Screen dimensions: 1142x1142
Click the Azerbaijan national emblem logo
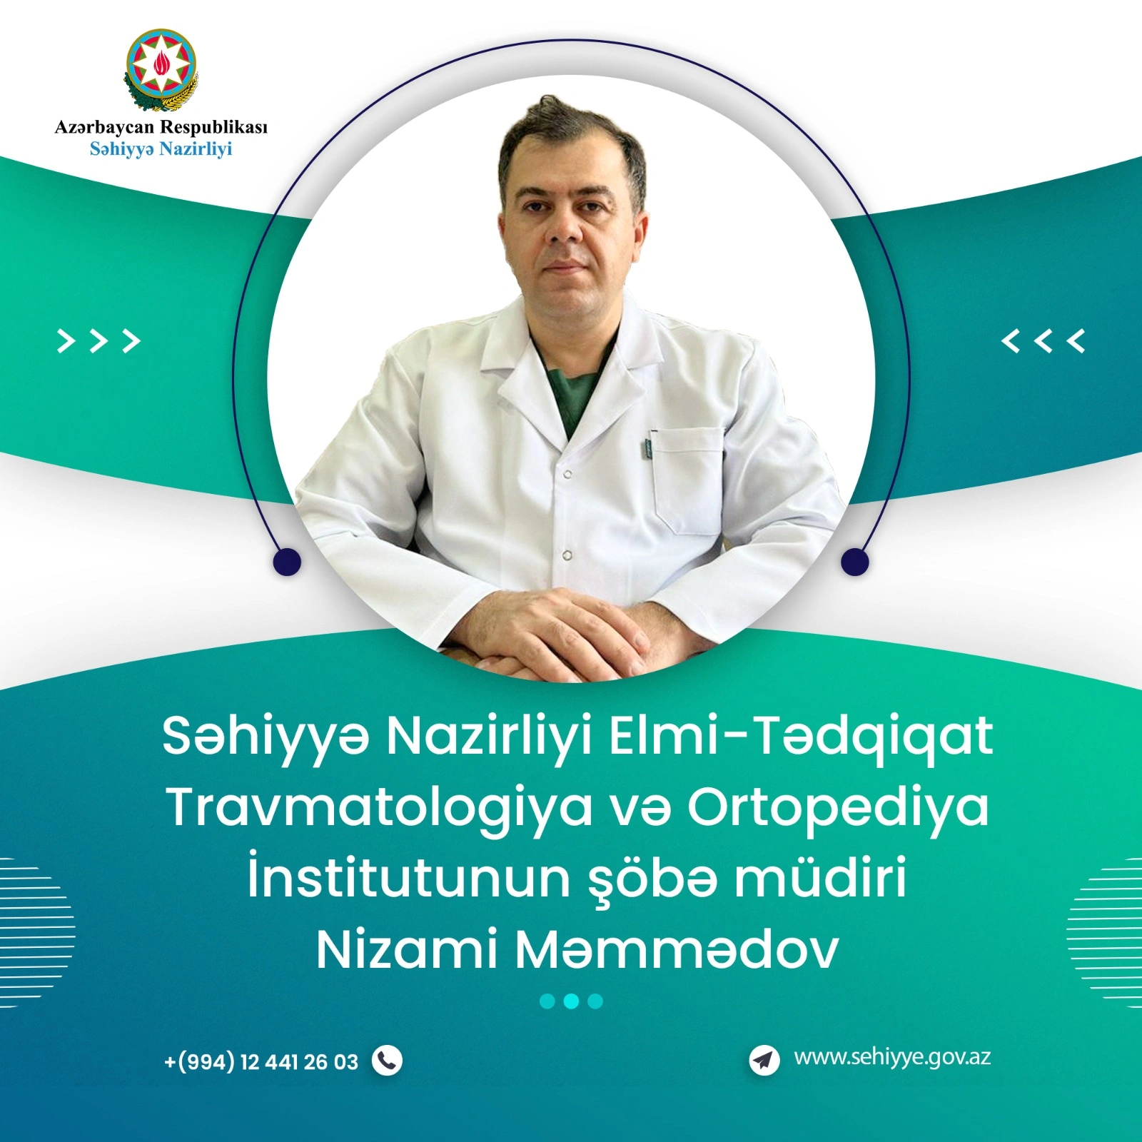pos(161,71)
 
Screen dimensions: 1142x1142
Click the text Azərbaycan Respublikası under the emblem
pos(161,128)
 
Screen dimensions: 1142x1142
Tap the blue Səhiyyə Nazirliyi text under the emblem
pos(161,150)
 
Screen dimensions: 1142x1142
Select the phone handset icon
pos(387,1061)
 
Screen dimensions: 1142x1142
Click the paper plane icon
pos(764,1060)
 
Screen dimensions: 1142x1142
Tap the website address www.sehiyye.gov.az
pos(892,1058)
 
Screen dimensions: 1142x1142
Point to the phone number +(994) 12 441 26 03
pos(261,1062)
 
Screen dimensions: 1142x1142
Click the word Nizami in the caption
pos(406,950)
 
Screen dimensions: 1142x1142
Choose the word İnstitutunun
pos(409,876)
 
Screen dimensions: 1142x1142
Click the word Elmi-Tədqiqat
pos(801,737)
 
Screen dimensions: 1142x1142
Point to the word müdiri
pos(821,876)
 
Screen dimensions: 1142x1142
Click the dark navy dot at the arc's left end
pos(287,562)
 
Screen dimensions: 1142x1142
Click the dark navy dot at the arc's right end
pos(854,562)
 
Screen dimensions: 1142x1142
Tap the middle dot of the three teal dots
pos(571,1001)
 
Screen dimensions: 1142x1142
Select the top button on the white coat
pos(567,474)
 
